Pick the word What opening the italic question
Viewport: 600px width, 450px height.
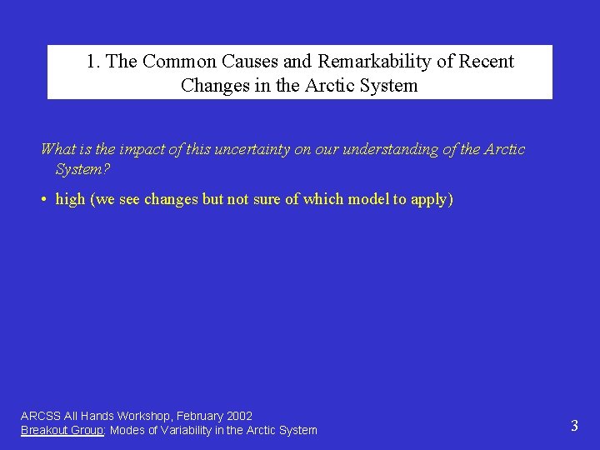point(58,149)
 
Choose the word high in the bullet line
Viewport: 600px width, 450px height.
point(70,200)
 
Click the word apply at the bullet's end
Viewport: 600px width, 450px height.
point(432,200)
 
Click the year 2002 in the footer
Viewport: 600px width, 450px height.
point(238,416)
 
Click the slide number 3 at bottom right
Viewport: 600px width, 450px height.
point(574,426)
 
